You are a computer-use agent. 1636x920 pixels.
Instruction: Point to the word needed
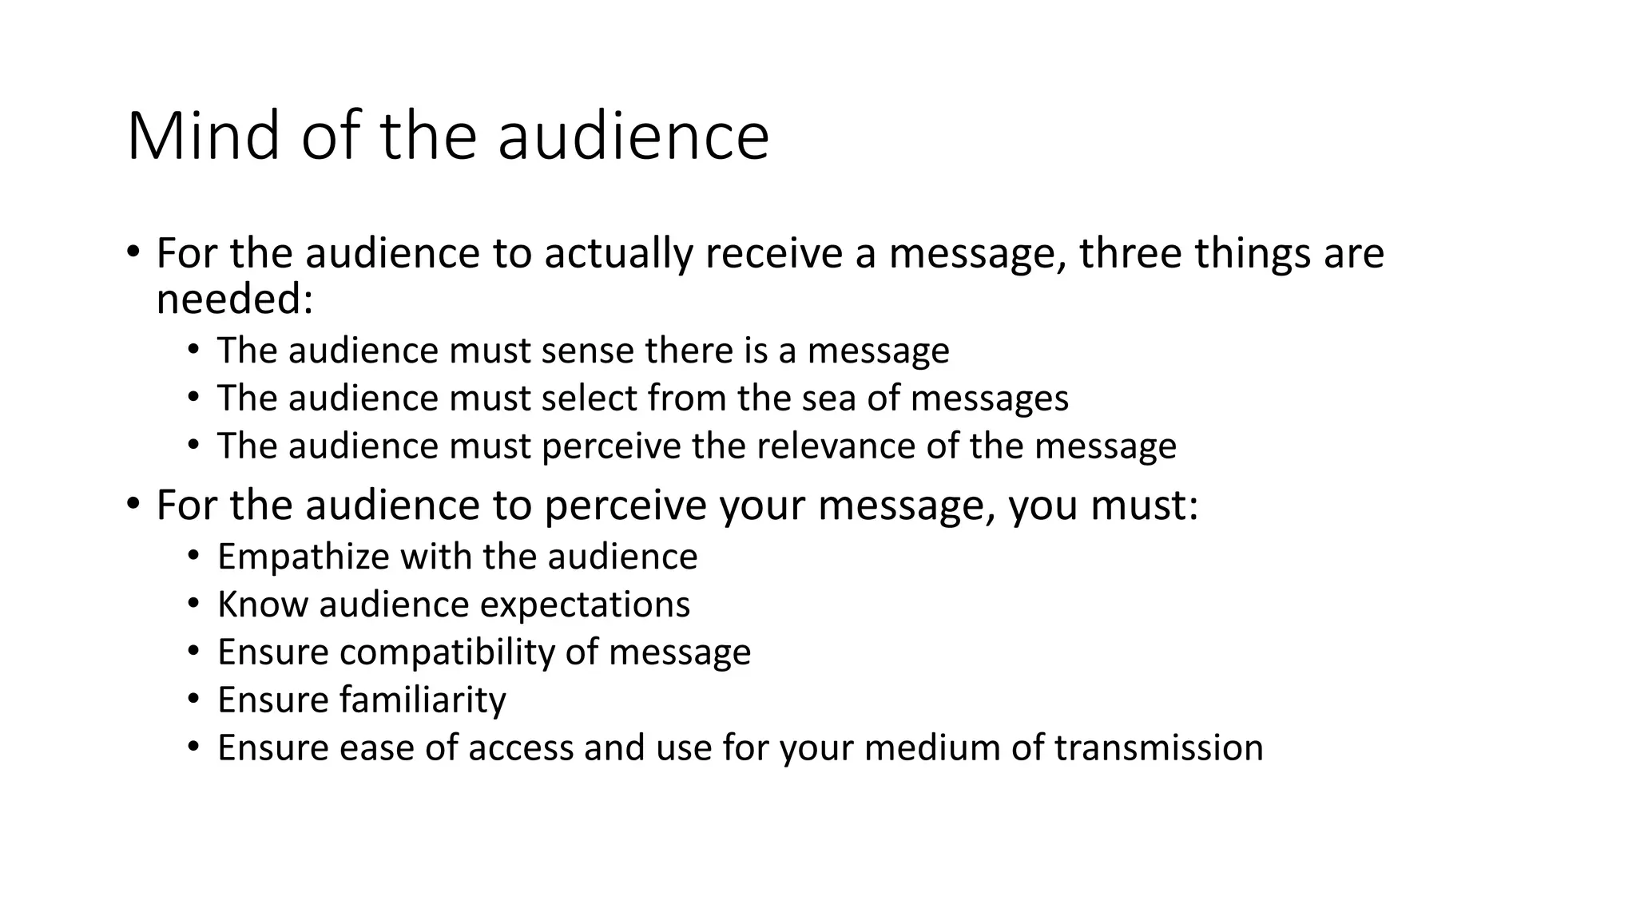pyautogui.click(x=233, y=299)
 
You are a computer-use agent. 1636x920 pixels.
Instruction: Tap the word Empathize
pyautogui.click(x=303, y=557)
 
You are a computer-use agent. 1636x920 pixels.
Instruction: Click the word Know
pyautogui.click(x=262, y=604)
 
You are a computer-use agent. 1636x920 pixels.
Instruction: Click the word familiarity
pyautogui.click(x=423, y=700)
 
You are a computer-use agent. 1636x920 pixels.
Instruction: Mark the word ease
pyautogui.click(x=375, y=747)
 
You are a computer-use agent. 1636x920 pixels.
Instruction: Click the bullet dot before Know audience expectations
pyautogui.click(x=193, y=604)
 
